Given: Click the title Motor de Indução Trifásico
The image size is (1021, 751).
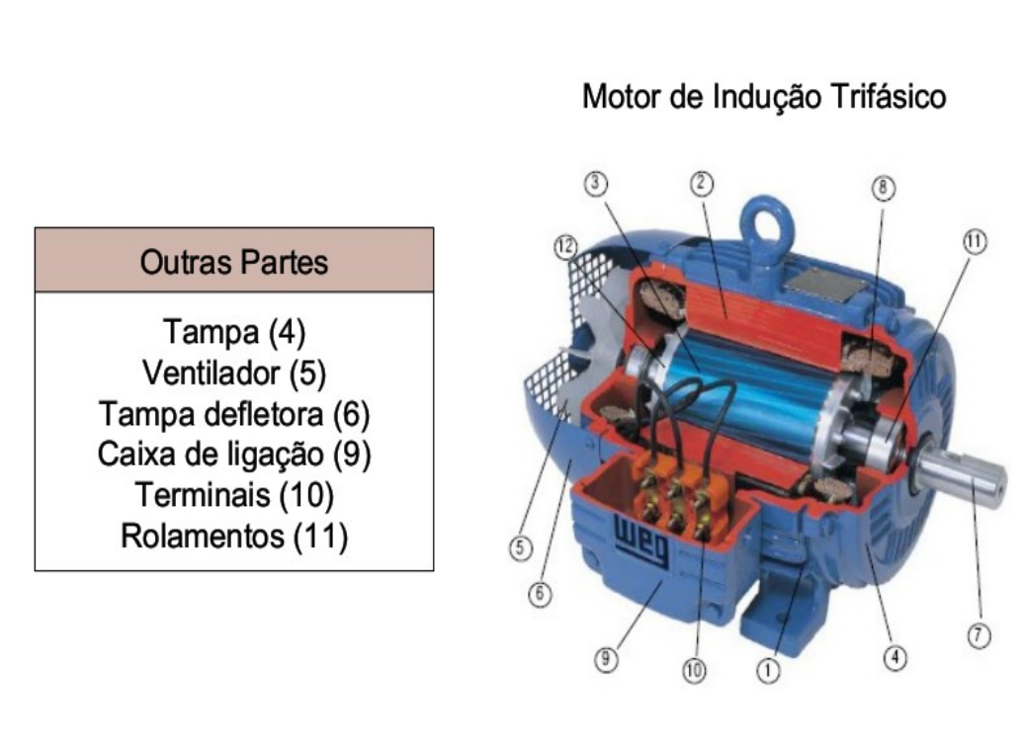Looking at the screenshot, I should point(764,98).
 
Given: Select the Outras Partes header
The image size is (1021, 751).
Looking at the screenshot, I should point(234,263).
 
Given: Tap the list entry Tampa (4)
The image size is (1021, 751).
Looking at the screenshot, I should point(234,331).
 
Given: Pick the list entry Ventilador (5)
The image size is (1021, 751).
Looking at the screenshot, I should point(234,373).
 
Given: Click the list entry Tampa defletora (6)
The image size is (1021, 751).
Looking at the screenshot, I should point(234,413).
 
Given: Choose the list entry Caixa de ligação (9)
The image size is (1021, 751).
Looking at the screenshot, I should point(234,455).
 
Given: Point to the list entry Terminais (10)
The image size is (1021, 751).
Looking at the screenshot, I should point(234,495).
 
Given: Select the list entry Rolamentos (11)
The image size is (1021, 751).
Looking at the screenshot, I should point(234,537).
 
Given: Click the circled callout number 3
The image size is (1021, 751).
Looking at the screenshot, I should point(596,183).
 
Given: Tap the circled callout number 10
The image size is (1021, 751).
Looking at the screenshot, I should point(694,671).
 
